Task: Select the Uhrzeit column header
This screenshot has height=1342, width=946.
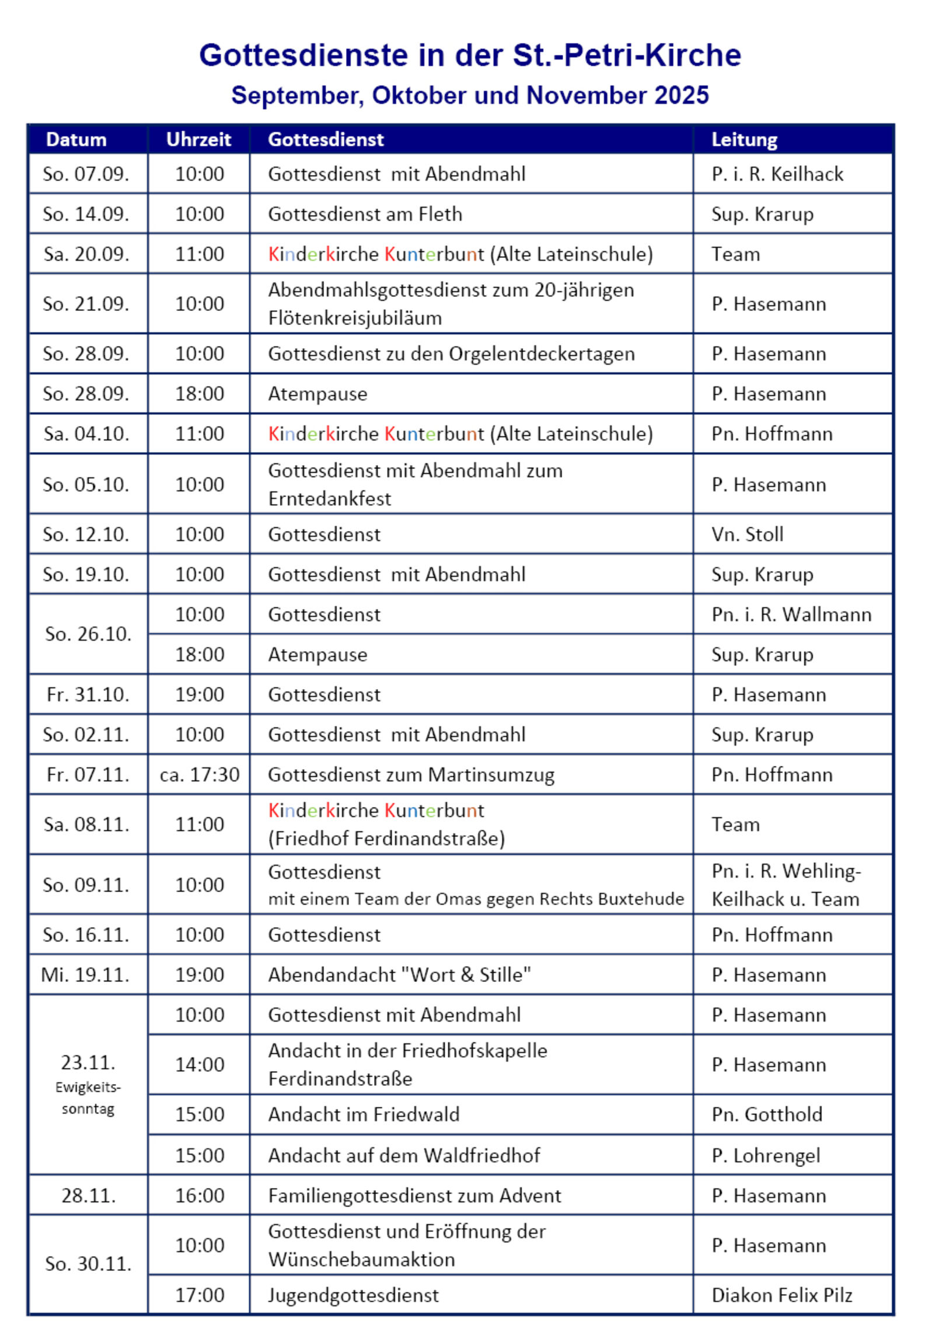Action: click(x=199, y=139)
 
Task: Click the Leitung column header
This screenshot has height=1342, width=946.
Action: click(x=744, y=139)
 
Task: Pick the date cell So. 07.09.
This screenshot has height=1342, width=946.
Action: click(x=86, y=174)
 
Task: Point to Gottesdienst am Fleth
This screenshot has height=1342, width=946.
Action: click(x=365, y=215)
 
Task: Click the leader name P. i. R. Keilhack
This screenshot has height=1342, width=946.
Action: click(x=777, y=174)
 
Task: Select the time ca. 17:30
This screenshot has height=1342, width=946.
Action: click(x=200, y=775)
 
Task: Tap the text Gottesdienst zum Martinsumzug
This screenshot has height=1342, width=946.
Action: click(x=411, y=775)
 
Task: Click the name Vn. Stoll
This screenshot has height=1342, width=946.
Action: click(x=747, y=535)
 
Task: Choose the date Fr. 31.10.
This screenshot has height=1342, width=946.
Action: click(x=88, y=695)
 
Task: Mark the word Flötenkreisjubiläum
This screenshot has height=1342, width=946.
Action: click(x=355, y=319)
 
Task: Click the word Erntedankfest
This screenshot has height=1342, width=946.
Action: click(x=330, y=499)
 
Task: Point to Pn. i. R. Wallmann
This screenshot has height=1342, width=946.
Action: click(x=791, y=615)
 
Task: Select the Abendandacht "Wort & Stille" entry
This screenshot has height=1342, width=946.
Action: click(x=399, y=975)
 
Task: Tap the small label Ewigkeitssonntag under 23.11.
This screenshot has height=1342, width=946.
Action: click(x=88, y=1098)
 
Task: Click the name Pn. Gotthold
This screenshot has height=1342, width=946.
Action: click(x=766, y=1114)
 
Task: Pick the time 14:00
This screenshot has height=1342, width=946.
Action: click(x=200, y=1065)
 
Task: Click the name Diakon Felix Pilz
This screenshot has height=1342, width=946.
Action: click(x=781, y=1295)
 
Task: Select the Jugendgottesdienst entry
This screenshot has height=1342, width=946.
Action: click(x=353, y=1295)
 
